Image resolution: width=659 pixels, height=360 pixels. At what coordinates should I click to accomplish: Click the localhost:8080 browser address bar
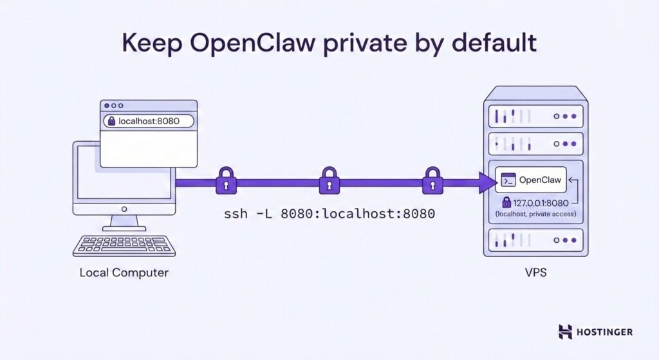[x=147, y=120]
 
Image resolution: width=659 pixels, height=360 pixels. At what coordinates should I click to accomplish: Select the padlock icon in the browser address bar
[x=111, y=120]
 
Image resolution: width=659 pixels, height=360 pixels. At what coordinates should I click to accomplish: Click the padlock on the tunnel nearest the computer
[x=226, y=181]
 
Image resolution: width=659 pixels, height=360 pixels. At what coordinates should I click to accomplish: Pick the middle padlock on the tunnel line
[x=329, y=181]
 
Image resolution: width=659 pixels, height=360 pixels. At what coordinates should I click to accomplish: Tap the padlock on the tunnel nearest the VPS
[x=431, y=181]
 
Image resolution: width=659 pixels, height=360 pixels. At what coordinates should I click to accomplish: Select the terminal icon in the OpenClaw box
[x=508, y=181]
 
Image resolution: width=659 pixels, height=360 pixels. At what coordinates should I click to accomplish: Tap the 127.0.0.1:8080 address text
[x=543, y=202]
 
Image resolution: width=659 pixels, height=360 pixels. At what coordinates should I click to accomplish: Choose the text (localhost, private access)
[x=535, y=214]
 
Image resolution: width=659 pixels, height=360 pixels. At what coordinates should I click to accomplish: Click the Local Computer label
[x=124, y=272]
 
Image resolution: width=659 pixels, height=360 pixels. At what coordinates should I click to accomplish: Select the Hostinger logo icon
[x=565, y=332]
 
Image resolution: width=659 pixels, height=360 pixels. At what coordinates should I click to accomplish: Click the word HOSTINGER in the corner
[x=606, y=332]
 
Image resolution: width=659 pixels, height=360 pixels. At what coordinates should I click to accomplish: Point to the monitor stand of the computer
[x=124, y=223]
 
